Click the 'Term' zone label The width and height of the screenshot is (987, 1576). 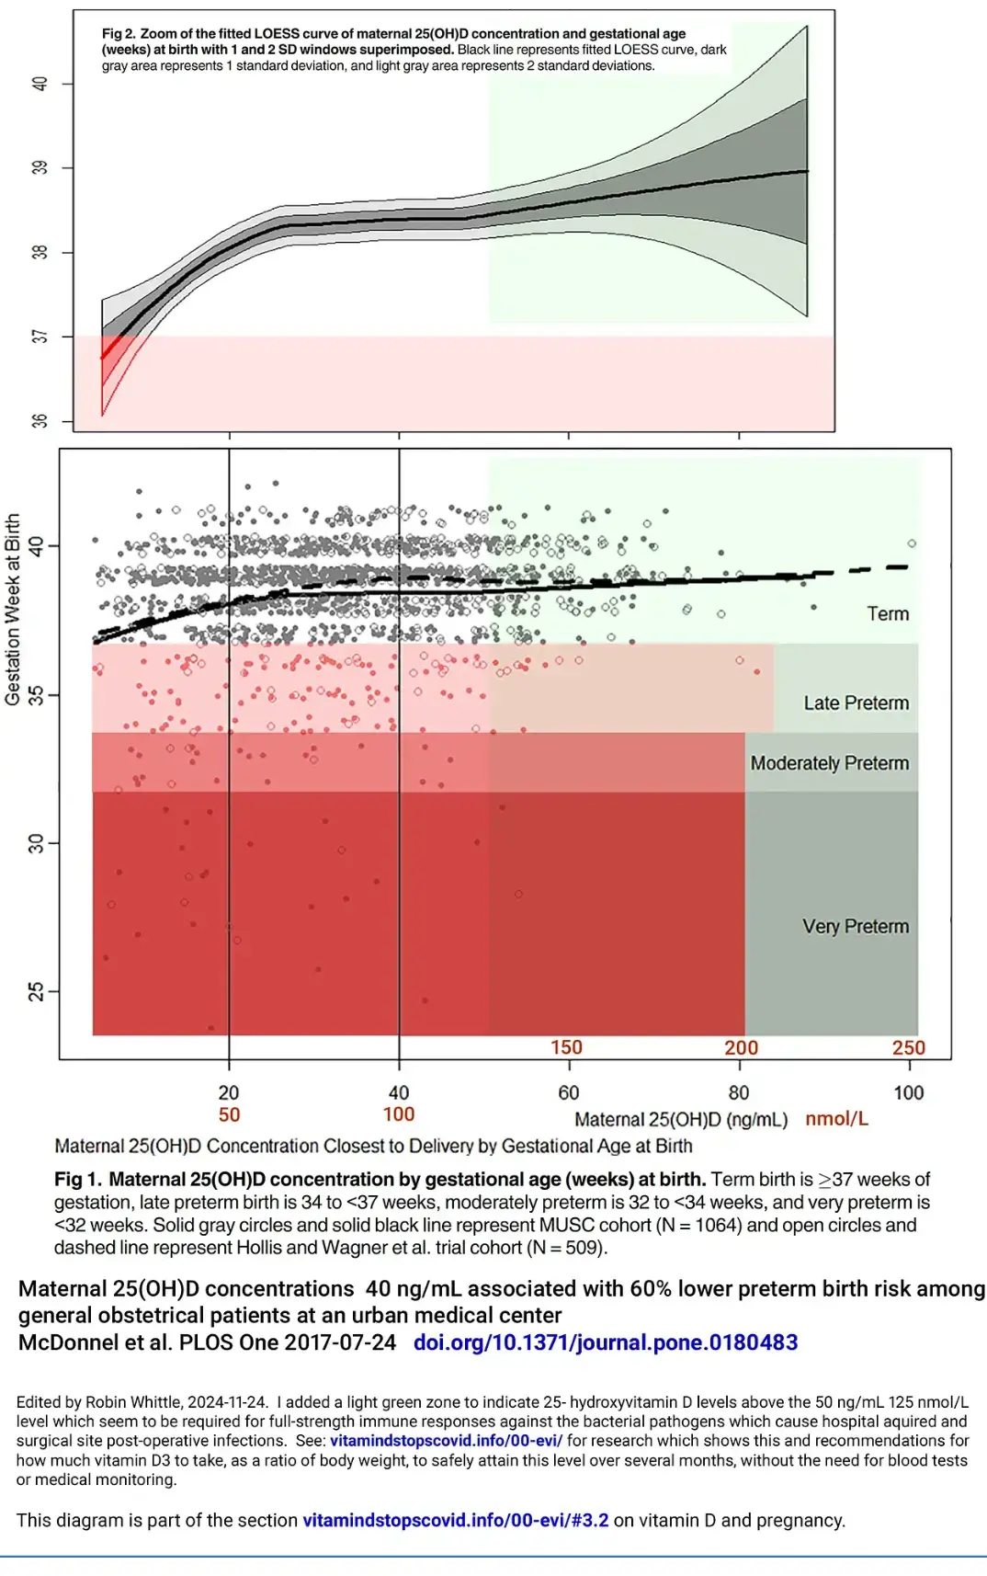[887, 614]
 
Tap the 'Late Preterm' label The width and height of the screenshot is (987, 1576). [856, 703]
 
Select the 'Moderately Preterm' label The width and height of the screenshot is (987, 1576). [829, 763]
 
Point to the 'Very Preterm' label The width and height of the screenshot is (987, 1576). [855, 927]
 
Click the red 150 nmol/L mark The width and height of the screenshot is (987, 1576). [566, 1048]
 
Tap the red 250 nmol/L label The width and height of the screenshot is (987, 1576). [908, 1048]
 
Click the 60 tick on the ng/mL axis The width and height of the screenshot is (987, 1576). [569, 1092]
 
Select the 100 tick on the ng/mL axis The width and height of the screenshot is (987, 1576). [908, 1092]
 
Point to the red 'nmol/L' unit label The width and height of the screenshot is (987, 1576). [836, 1119]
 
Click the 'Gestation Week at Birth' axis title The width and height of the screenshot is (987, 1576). [13, 610]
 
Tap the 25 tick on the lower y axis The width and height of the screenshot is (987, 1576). [36, 991]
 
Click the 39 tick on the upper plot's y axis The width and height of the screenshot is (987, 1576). [40, 167]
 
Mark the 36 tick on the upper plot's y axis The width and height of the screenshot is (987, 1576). [40, 420]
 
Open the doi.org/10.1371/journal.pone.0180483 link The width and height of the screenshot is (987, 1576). [605, 1342]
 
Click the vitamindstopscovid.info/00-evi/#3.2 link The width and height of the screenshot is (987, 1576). [455, 1521]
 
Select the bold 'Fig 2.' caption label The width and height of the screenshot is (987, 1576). [119, 34]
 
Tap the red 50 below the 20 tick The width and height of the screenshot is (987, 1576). [229, 1115]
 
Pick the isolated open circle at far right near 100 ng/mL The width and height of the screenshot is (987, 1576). [912, 543]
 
